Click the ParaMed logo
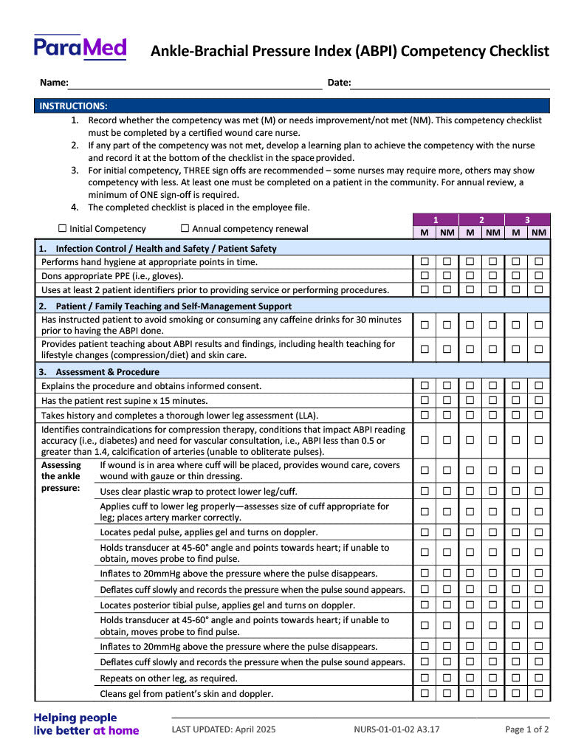80,48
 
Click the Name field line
195,83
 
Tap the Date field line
450,83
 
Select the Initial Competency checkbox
63,229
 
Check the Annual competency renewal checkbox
185,229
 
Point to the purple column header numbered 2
481,220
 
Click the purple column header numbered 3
527,220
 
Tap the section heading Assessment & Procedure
107,372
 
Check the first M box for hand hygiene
425,262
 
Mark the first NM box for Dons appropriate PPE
447,276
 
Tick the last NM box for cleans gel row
539,694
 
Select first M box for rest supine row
425,401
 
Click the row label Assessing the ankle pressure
61,477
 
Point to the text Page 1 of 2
526,730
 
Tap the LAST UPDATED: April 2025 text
223,730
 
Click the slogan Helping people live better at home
86,724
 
